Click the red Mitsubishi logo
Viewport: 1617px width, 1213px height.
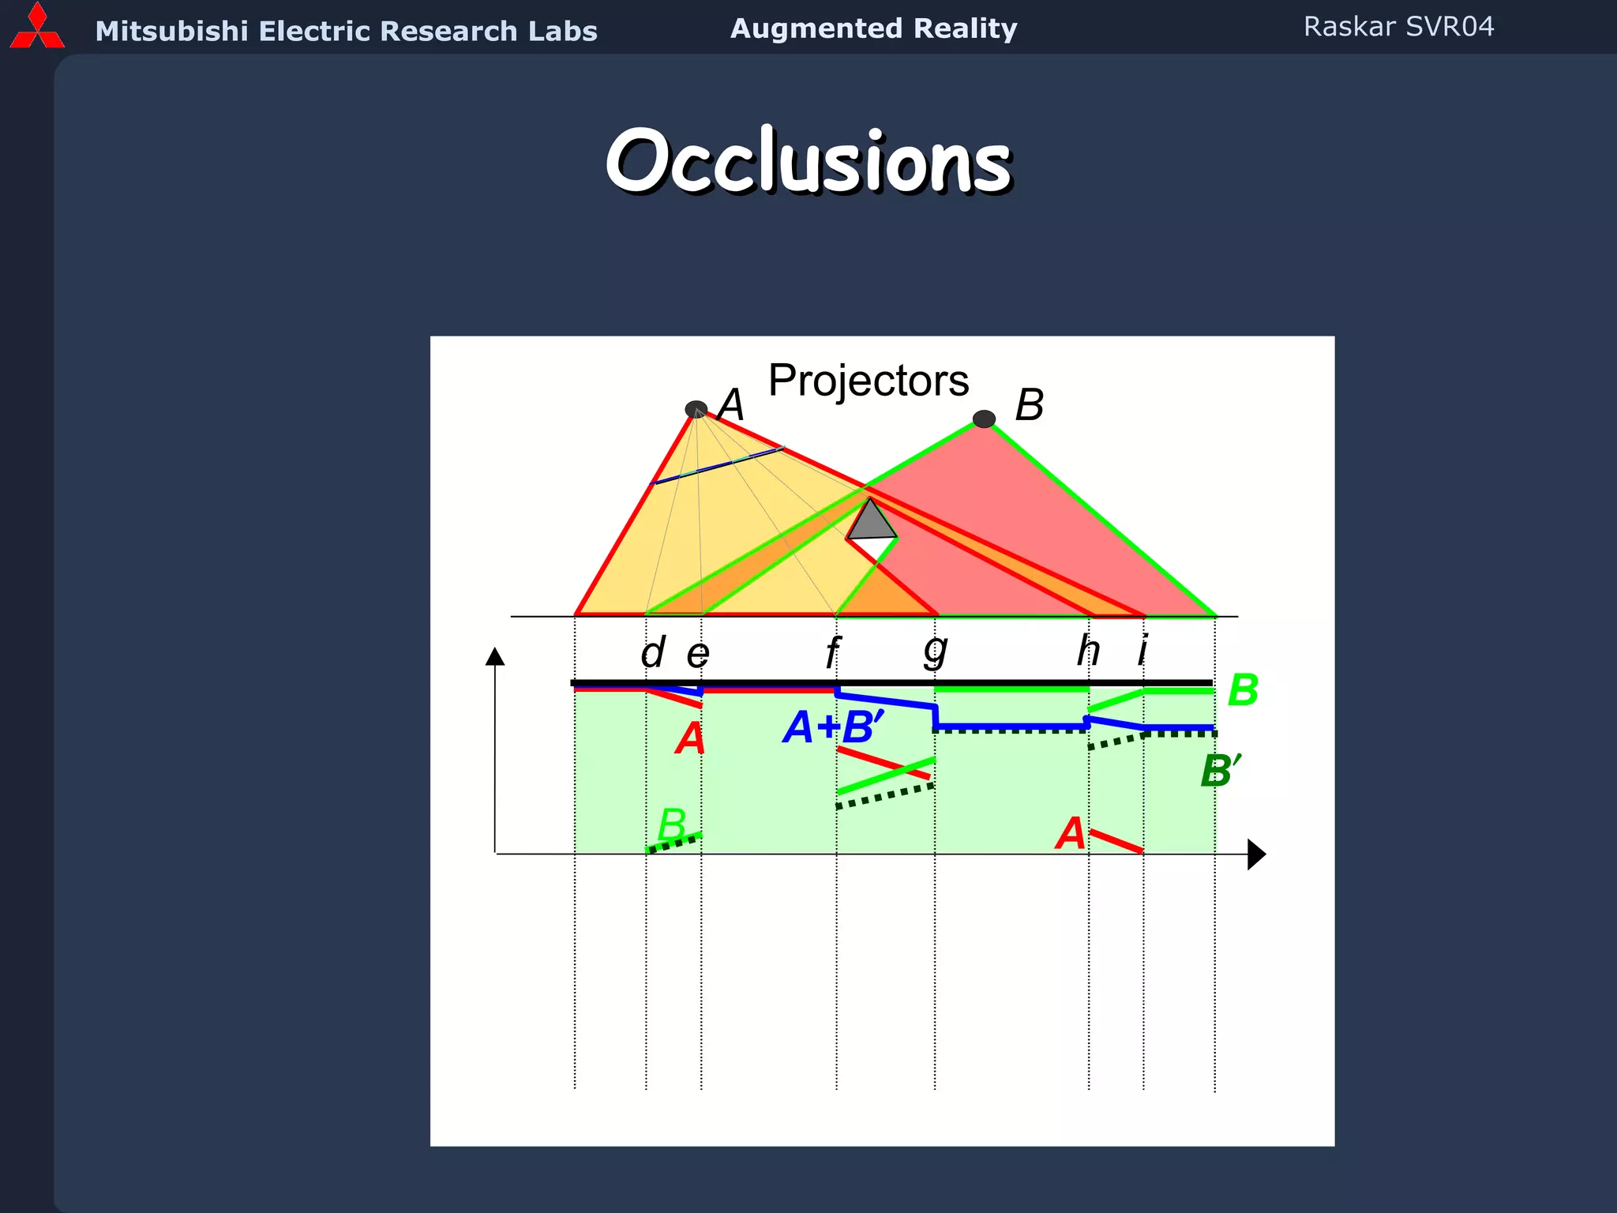coord(36,27)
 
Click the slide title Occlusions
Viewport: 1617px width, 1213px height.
coord(808,161)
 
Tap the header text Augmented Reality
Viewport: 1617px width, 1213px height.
coord(873,28)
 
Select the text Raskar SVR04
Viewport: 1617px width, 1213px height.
coord(1398,27)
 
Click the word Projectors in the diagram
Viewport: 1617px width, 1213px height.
coord(868,381)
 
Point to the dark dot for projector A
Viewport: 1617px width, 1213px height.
coord(696,409)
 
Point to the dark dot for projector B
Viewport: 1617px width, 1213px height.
coord(984,419)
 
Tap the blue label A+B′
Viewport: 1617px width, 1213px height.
coord(833,727)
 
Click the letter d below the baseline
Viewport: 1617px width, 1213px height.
coord(653,653)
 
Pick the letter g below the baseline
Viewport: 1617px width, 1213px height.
coord(935,651)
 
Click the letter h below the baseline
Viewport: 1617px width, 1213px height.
coord(1089,651)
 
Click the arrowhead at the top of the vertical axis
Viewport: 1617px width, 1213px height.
coord(495,656)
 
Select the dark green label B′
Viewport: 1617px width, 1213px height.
coord(1219,771)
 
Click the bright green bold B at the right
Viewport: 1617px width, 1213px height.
coord(1243,690)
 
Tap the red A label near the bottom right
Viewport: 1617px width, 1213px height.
coord(1071,834)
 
